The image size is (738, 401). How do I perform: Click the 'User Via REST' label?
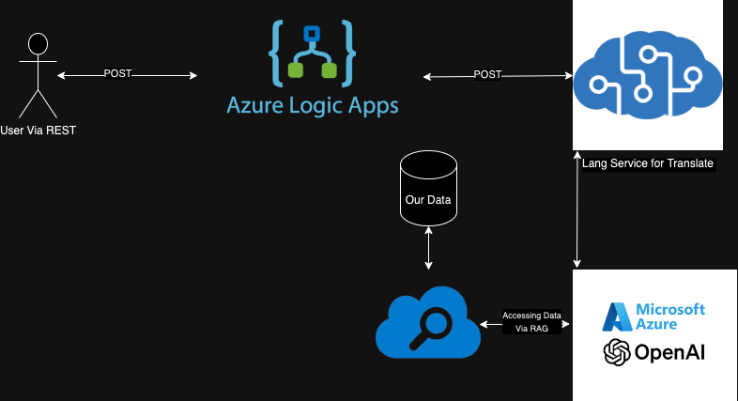pyautogui.click(x=38, y=130)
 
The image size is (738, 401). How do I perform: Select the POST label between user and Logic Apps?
pyautogui.click(x=117, y=73)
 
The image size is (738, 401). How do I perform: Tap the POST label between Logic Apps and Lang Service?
pyautogui.click(x=487, y=74)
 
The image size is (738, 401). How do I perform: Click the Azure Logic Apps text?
pyautogui.click(x=312, y=103)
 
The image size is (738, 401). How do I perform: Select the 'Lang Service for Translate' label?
pyautogui.click(x=648, y=163)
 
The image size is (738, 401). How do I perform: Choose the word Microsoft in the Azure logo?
pyautogui.click(x=670, y=309)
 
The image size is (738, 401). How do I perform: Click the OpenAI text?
pyautogui.click(x=669, y=353)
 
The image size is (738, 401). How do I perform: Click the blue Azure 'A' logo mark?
pyautogui.click(x=617, y=316)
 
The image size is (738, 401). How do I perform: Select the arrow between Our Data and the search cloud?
pyautogui.click(x=428, y=249)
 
